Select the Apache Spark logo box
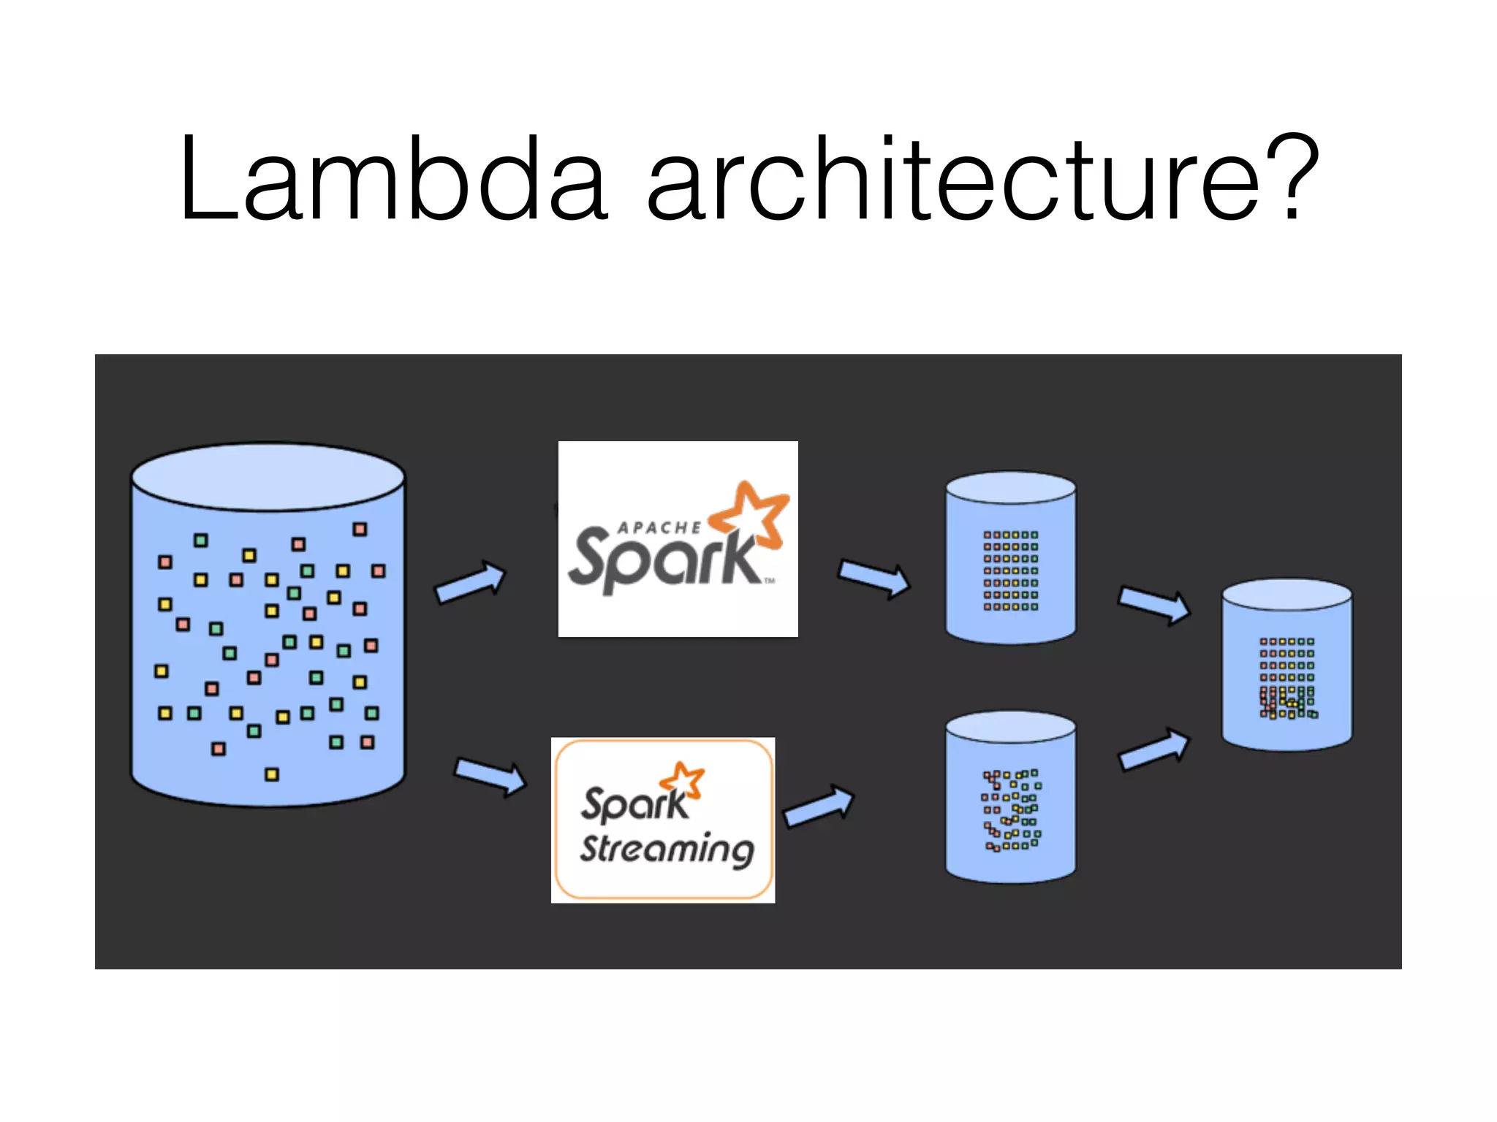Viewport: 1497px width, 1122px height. click(678, 538)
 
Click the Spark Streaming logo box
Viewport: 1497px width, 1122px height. click(663, 820)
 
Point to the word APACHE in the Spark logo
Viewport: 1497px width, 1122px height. click(659, 527)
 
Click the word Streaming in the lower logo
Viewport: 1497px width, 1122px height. click(667, 850)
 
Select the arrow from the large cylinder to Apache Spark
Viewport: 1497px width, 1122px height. click(470, 583)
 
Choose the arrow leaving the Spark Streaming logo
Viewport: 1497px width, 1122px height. click(818, 806)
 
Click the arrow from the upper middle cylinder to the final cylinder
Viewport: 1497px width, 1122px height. click(1153, 604)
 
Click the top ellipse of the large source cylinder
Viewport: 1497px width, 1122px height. click(268, 477)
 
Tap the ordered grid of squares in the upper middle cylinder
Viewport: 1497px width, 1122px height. click(1010, 570)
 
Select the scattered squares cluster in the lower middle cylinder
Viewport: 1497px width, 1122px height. click(1011, 810)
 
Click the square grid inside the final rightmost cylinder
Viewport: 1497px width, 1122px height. click(1287, 678)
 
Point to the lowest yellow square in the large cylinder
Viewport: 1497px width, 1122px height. click(272, 774)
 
